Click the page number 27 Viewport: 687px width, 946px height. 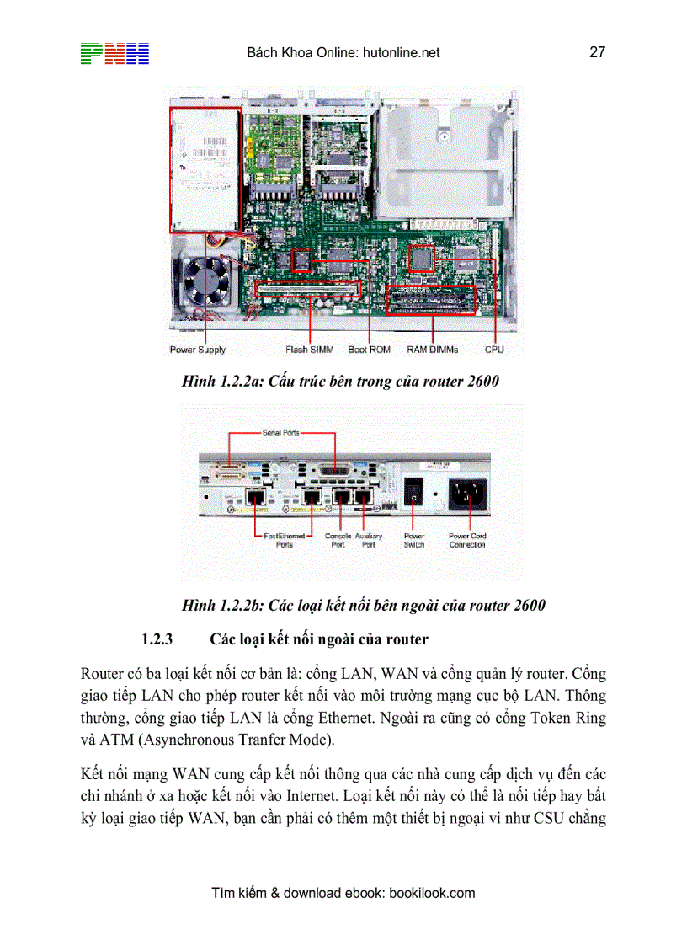(597, 52)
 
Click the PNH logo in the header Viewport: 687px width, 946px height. (114, 53)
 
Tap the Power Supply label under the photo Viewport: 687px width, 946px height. (198, 350)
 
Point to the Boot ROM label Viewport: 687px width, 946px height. (370, 350)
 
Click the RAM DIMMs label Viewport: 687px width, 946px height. (433, 350)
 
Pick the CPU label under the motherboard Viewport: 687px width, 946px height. (494, 350)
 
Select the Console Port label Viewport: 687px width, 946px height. (338, 540)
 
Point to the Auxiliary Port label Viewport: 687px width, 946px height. (369, 540)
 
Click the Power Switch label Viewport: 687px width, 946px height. (414, 540)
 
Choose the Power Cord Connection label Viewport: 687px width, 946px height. (467, 540)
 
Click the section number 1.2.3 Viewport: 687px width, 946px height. (157, 639)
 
